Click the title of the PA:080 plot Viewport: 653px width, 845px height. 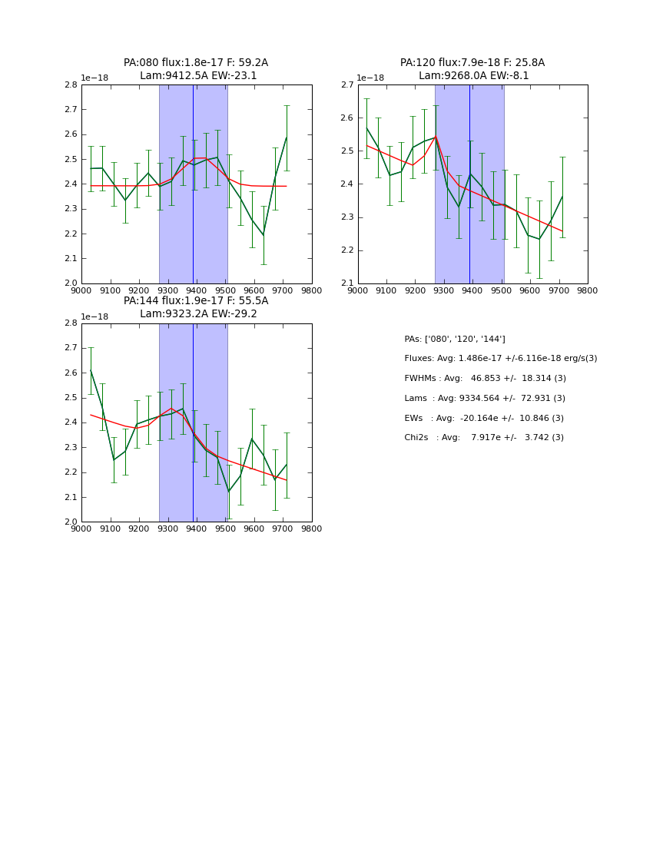tap(196, 69)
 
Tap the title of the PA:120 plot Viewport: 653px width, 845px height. tap(472, 69)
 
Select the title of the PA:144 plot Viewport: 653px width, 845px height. tap(196, 307)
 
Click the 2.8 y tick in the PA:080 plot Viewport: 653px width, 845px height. tap(71, 84)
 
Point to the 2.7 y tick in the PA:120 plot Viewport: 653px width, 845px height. tap(347, 84)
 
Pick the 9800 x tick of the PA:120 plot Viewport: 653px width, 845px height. tap(588, 291)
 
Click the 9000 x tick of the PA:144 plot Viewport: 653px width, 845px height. tap(81, 529)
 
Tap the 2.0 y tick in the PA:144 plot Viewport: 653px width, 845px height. tap(71, 522)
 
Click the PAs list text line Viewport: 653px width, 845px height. tap(455, 339)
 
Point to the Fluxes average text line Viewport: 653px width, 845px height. tap(500, 359)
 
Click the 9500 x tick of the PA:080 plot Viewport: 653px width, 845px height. tap(225, 291)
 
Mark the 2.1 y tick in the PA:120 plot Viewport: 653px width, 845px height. tap(347, 283)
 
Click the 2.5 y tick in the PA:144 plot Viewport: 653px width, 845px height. tap(71, 398)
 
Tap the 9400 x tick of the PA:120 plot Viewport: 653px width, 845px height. tap(472, 291)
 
